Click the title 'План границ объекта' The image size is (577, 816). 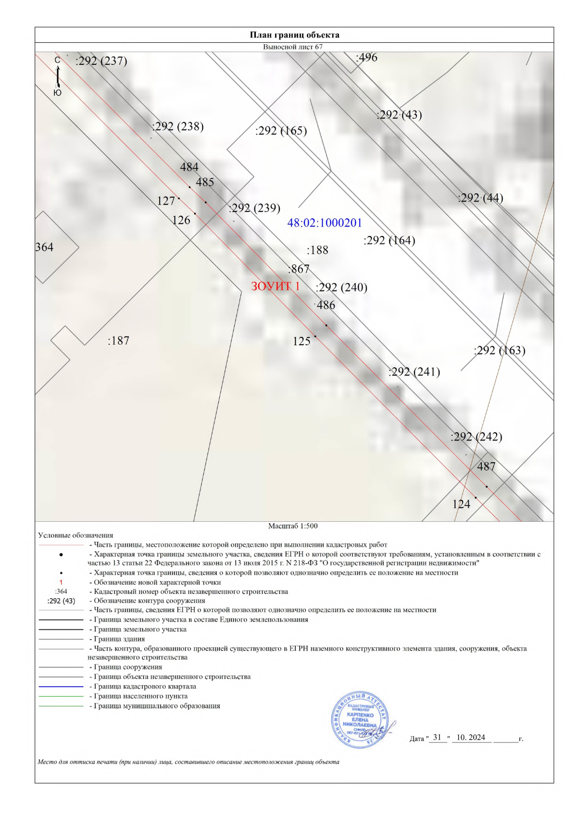click(294, 35)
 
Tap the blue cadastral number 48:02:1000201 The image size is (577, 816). click(325, 223)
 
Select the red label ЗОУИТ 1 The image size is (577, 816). click(275, 286)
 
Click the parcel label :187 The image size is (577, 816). click(118, 341)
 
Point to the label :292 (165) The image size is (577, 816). click(281, 131)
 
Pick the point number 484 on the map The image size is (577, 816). click(189, 167)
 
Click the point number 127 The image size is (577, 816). click(166, 201)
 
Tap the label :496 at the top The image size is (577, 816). click(366, 57)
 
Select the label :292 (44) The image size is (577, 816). click(480, 198)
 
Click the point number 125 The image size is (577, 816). click(301, 341)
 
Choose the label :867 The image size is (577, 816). click(299, 269)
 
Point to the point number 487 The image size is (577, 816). click(486, 466)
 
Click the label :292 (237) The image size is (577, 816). click(101, 61)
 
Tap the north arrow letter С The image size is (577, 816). click(57, 60)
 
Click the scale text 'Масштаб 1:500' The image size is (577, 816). click(293, 526)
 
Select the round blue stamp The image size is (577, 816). click(360, 719)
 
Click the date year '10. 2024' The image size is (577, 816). click(471, 738)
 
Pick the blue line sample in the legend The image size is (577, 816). click(61, 687)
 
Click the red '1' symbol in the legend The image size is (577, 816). click(61, 582)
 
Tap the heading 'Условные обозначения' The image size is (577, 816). click(75, 535)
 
